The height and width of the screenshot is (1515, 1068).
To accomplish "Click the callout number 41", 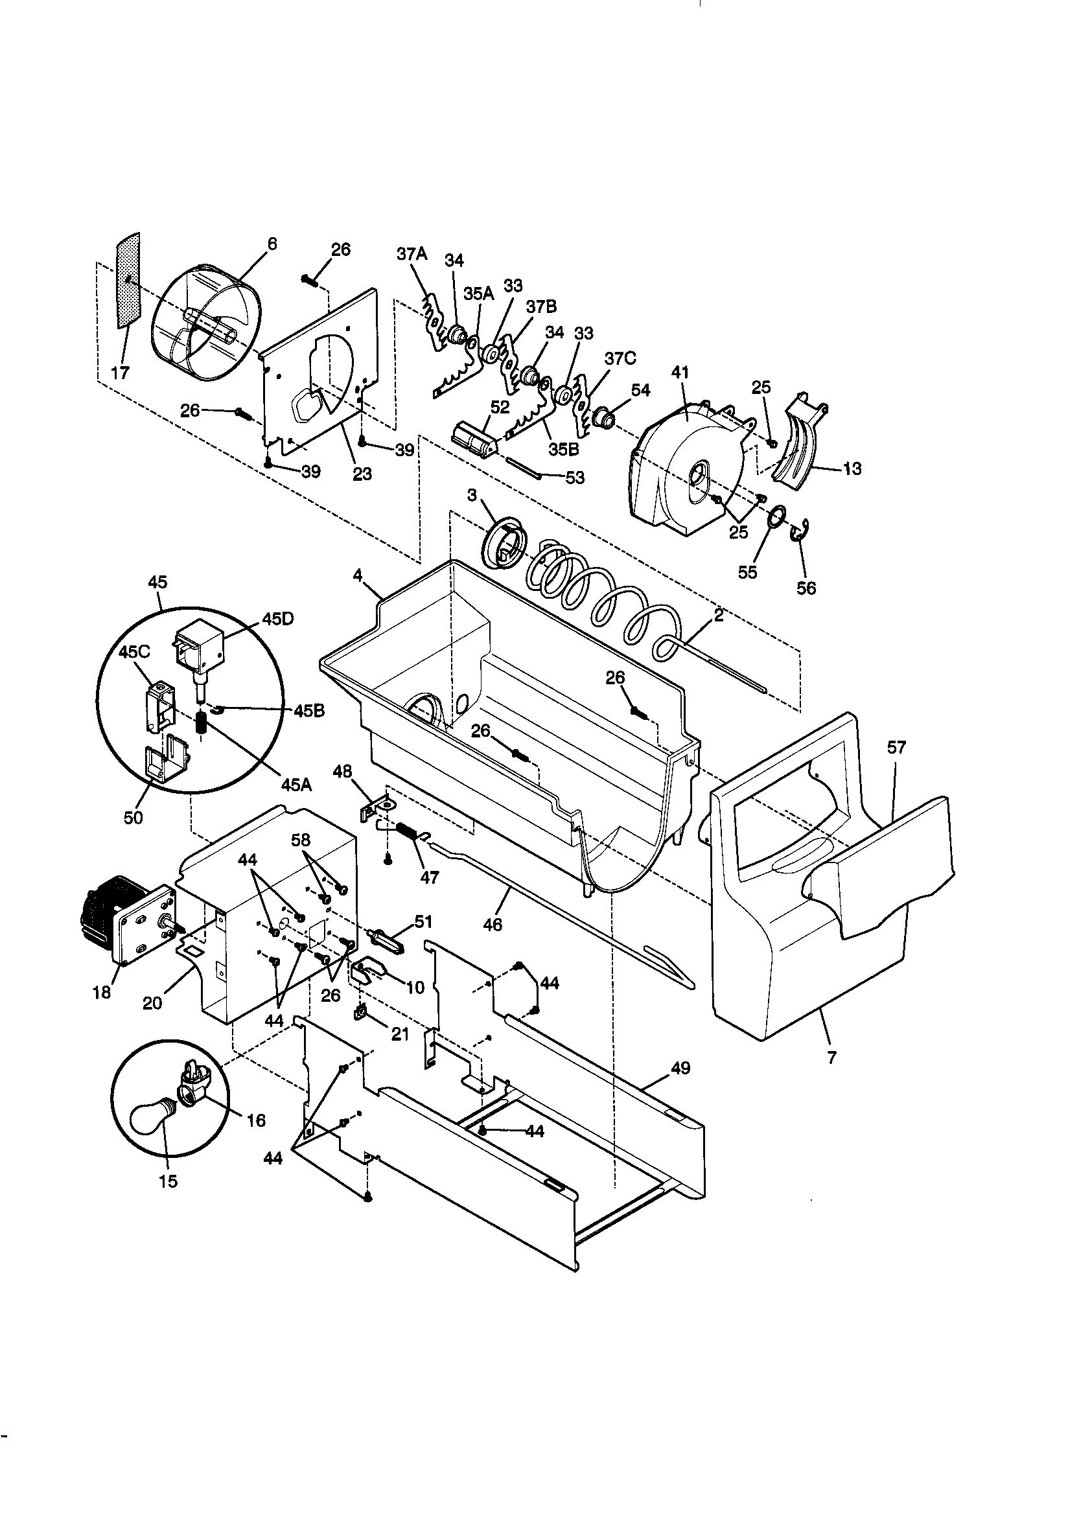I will coord(680,372).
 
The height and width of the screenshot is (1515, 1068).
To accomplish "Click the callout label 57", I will coord(896,747).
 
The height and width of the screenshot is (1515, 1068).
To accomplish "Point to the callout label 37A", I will coord(412,253).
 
